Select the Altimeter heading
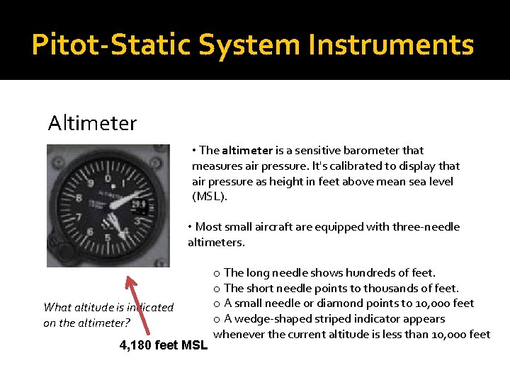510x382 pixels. (92, 123)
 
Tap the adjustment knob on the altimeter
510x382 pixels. (59, 253)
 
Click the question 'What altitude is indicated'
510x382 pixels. (108, 307)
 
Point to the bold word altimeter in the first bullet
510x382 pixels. (247, 150)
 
